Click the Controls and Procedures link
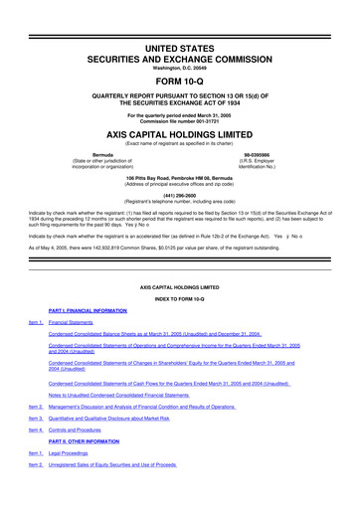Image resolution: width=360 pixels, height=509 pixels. point(86,459)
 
